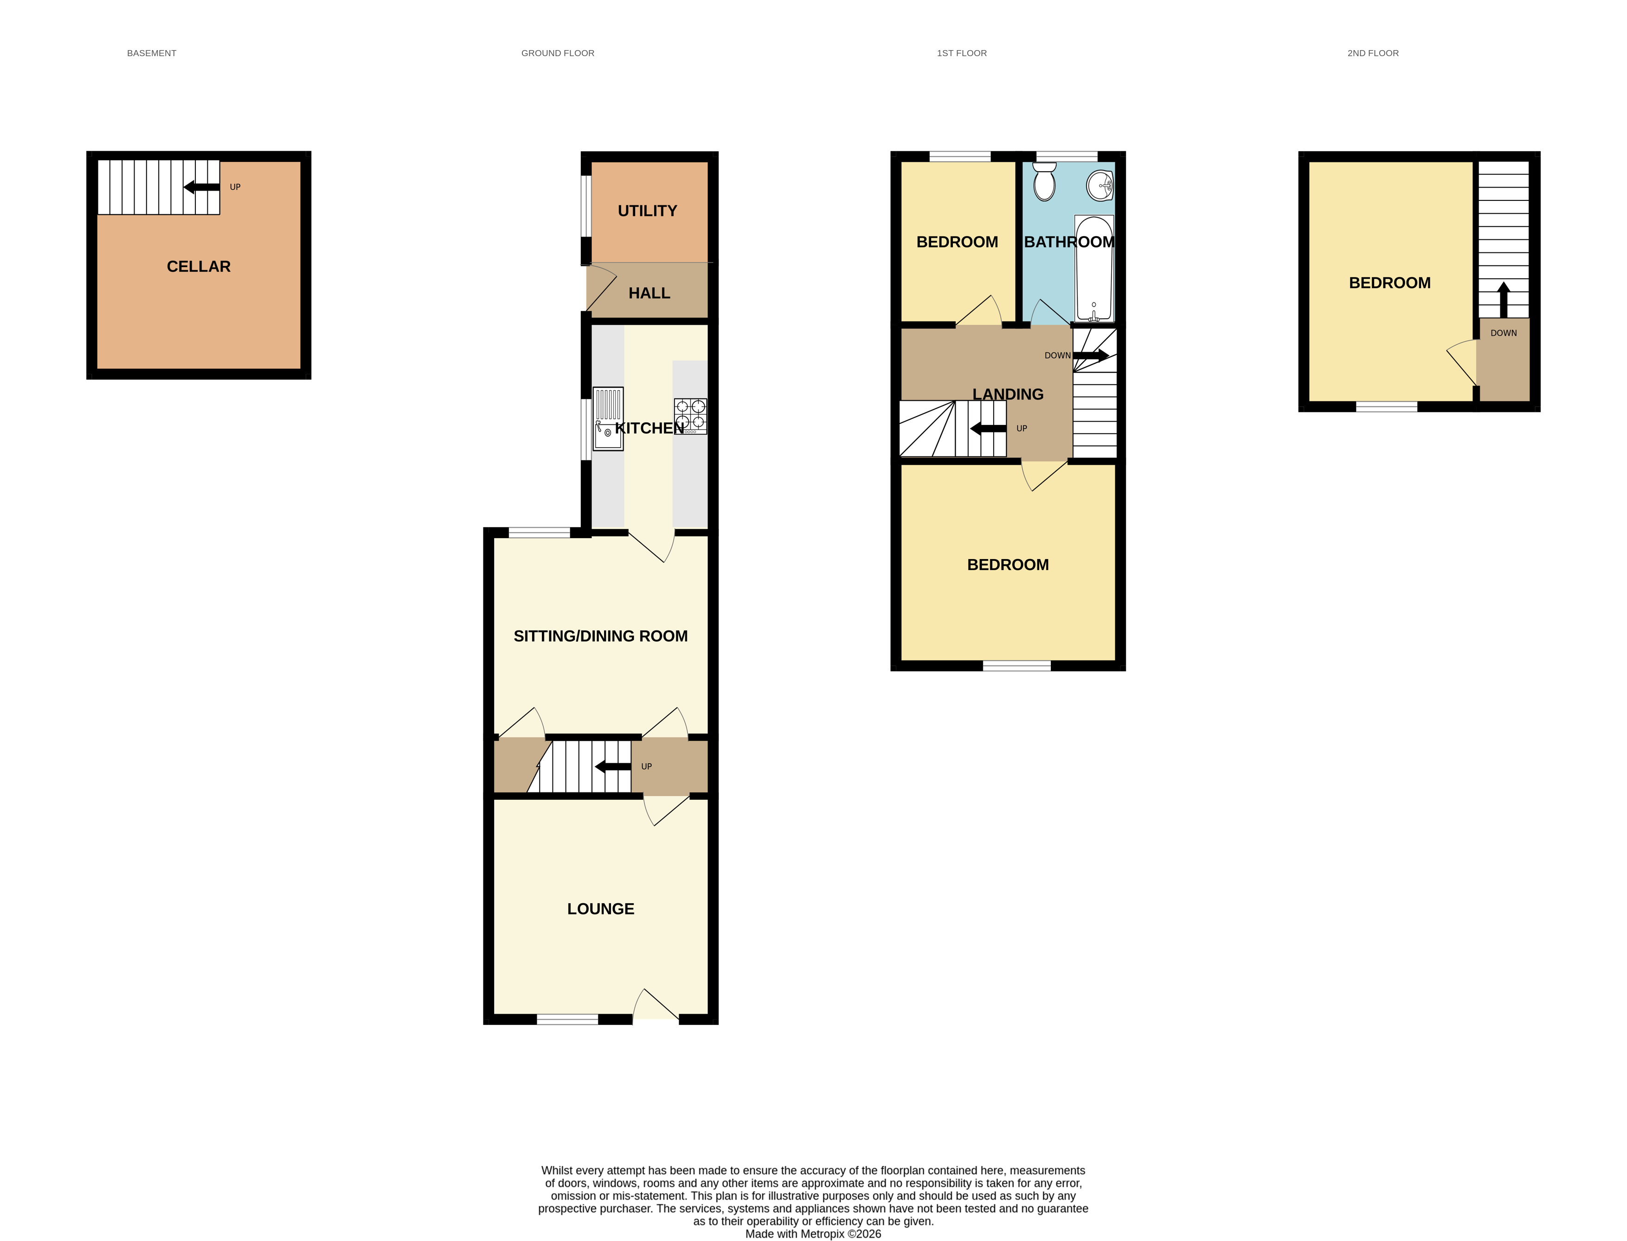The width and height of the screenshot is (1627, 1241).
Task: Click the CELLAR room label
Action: pos(198,267)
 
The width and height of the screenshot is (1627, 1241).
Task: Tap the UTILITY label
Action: pos(647,211)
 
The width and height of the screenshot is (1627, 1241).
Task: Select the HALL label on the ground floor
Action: pos(649,293)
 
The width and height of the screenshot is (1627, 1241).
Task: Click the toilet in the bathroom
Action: pos(1043,182)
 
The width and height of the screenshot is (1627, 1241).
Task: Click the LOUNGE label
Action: pos(600,909)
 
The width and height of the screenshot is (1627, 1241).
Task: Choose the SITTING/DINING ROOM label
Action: pos(600,636)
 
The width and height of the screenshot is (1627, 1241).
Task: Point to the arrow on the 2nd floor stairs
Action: pos(1503,299)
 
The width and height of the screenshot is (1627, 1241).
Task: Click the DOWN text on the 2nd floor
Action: pos(1503,333)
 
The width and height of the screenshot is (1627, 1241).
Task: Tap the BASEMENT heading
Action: pos(151,53)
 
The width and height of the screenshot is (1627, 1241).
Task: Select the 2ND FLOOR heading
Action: pos(1372,53)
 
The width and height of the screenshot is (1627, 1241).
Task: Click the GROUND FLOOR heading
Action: pos(558,53)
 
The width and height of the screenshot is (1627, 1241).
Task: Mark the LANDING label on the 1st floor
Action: pos(1007,394)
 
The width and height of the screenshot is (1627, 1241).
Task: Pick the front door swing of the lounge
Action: pos(656,1006)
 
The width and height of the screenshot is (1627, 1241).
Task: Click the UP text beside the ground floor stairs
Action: pos(646,767)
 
